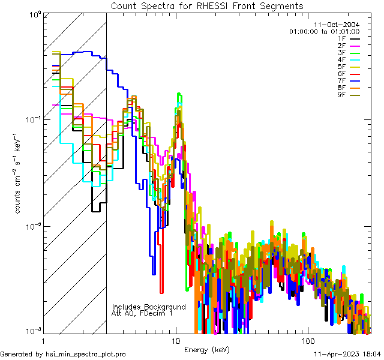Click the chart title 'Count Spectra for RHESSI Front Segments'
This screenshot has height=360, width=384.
pyautogui.click(x=207, y=6)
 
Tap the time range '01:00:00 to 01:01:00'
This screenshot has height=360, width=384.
pyautogui.click(x=324, y=31)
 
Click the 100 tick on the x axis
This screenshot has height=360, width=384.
pyautogui.click(x=307, y=340)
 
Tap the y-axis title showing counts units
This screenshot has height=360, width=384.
pyautogui.click(x=20, y=174)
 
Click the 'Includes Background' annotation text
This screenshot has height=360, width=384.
pyautogui.click(x=149, y=307)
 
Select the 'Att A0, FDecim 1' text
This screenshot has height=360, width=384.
pyautogui.click(x=142, y=313)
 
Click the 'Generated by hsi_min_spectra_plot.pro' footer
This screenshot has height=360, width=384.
pyautogui.click(x=63, y=354)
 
